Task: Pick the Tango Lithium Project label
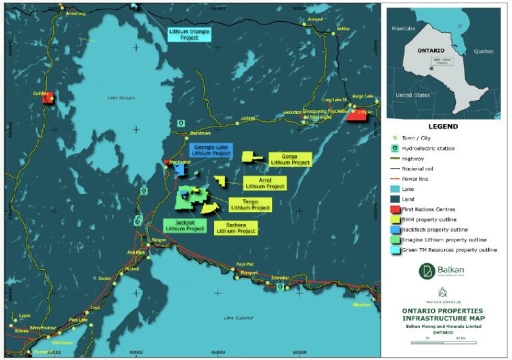coord(250,205)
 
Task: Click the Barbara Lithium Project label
coord(235,228)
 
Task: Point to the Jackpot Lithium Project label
coord(185,225)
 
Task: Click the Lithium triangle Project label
coord(188,35)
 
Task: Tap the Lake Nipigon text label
coord(121,98)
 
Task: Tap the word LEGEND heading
coord(443,127)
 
